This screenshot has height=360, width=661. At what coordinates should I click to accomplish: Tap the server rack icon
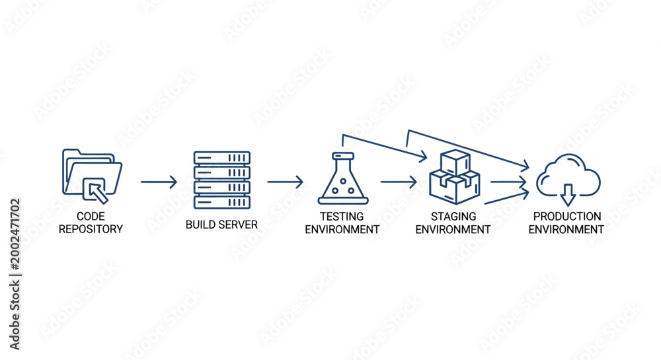(222, 180)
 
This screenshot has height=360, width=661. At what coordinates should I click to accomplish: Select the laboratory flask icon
(343, 178)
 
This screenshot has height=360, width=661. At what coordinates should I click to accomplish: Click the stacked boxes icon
(455, 177)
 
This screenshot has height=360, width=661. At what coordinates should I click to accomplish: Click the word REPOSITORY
(91, 229)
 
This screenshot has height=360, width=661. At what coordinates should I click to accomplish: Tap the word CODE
(91, 217)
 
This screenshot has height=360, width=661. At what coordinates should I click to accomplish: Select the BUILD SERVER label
(221, 225)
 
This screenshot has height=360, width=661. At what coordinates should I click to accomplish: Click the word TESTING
(342, 217)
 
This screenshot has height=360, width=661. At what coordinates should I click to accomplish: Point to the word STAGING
(453, 217)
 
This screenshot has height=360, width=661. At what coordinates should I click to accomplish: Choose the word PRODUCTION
(567, 217)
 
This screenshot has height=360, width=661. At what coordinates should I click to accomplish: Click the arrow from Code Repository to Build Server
(159, 182)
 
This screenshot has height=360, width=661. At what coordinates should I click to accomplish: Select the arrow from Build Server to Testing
(285, 182)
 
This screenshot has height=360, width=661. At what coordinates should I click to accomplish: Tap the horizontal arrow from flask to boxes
(399, 182)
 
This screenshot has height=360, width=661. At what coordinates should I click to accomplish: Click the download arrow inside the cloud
(568, 195)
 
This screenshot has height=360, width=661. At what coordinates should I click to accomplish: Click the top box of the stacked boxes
(455, 162)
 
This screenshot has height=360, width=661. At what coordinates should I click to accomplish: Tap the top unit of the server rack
(222, 158)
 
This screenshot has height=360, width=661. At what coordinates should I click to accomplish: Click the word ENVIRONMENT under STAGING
(453, 229)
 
